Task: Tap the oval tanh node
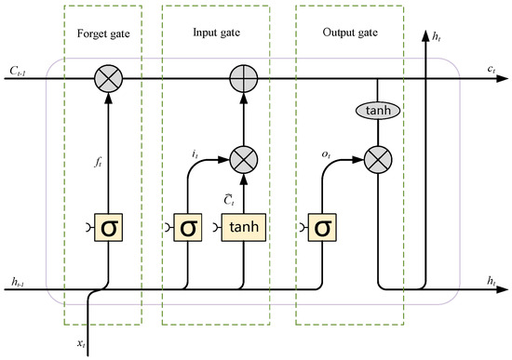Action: (x=379, y=111)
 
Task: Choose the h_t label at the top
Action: (x=439, y=37)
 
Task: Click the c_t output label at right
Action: (x=489, y=69)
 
